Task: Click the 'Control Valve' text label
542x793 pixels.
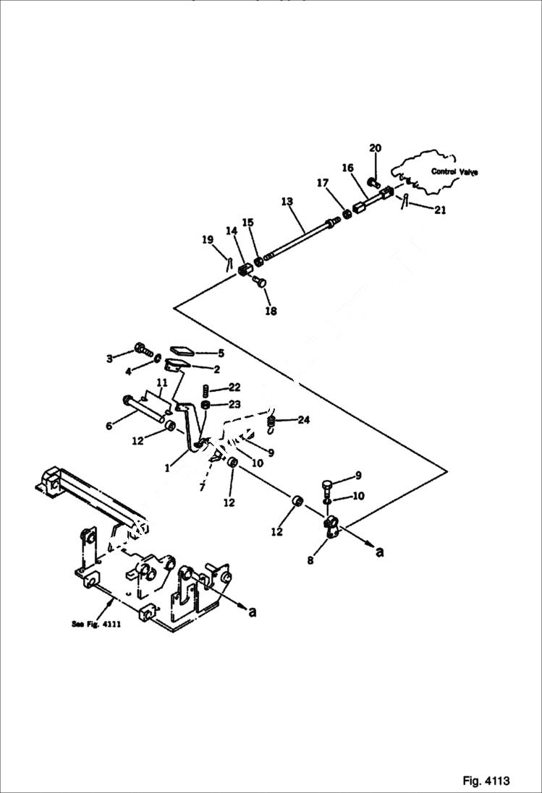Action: click(x=454, y=171)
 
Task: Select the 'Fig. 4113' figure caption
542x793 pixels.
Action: click(x=486, y=781)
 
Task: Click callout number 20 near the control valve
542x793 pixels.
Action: click(x=375, y=148)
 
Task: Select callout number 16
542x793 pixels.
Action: click(x=347, y=168)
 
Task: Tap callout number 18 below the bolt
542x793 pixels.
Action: click(x=271, y=311)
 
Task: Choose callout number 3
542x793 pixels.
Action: click(x=109, y=358)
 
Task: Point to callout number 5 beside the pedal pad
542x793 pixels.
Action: click(x=221, y=353)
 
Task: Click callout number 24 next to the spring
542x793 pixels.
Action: click(x=303, y=419)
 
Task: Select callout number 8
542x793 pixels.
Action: click(x=310, y=560)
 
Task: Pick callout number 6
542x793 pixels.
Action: click(x=109, y=426)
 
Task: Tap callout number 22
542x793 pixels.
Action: click(x=234, y=387)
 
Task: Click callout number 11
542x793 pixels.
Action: click(x=161, y=382)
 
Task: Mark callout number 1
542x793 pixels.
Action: click(x=166, y=468)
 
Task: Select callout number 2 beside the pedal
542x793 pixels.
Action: click(x=216, y=369)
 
